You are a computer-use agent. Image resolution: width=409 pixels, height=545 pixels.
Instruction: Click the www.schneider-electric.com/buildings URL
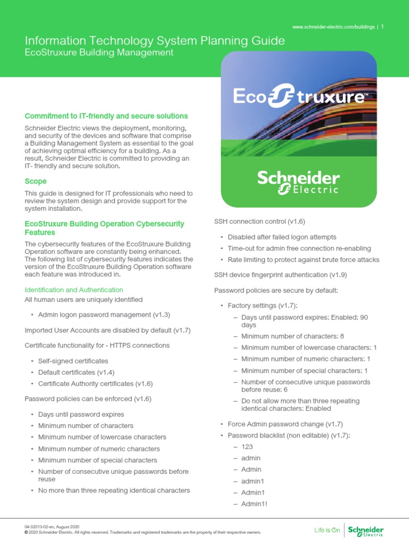click(334, 27)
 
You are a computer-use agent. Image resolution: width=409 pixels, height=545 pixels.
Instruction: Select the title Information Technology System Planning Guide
click(154, 41)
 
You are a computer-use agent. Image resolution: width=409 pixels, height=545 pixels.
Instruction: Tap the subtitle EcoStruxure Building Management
click(99, 53)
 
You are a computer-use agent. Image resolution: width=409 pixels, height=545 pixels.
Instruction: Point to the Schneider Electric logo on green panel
click(299, 183)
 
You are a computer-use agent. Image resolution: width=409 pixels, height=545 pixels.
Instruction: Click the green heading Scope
click(36, 181)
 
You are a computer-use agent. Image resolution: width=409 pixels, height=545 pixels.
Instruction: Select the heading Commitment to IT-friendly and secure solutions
click(106, 116)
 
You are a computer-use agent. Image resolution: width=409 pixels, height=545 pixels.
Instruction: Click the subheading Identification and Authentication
click(74, 290)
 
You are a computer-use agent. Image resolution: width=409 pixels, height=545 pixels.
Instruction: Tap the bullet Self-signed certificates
click(73, 361)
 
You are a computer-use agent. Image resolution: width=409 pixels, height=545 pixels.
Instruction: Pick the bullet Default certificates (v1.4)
click(76, 373)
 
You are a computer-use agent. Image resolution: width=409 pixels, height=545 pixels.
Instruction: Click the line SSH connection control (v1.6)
click(259, 221)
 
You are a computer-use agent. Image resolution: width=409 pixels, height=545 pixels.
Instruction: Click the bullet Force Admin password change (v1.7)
click(285, 424)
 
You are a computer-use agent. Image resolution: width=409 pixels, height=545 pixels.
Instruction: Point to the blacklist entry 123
click(247, 447)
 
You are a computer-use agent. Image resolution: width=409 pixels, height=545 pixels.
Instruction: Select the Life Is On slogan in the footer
click(327, 530)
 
